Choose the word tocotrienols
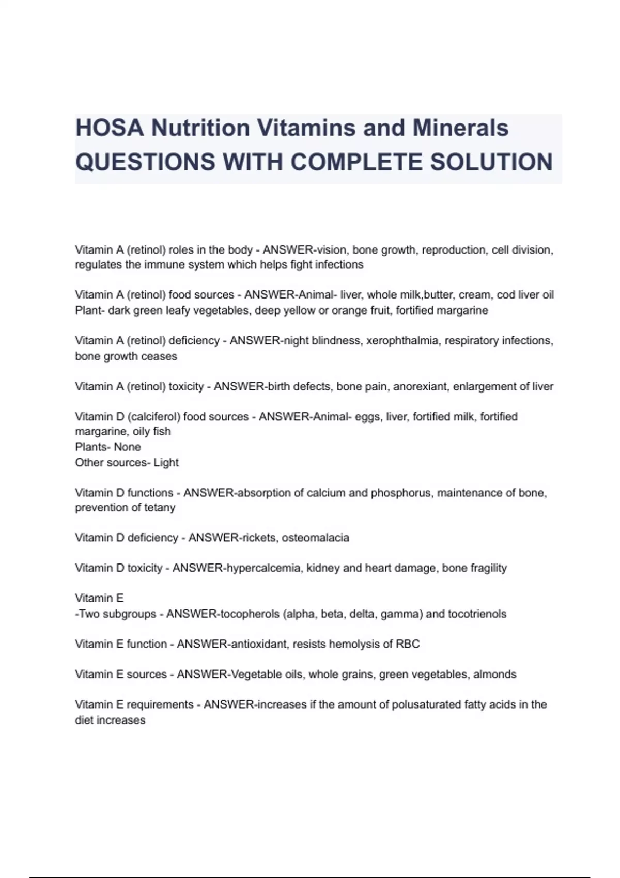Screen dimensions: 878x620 (x=477, y=614)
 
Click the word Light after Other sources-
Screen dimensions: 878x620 (x=166, y=462)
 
